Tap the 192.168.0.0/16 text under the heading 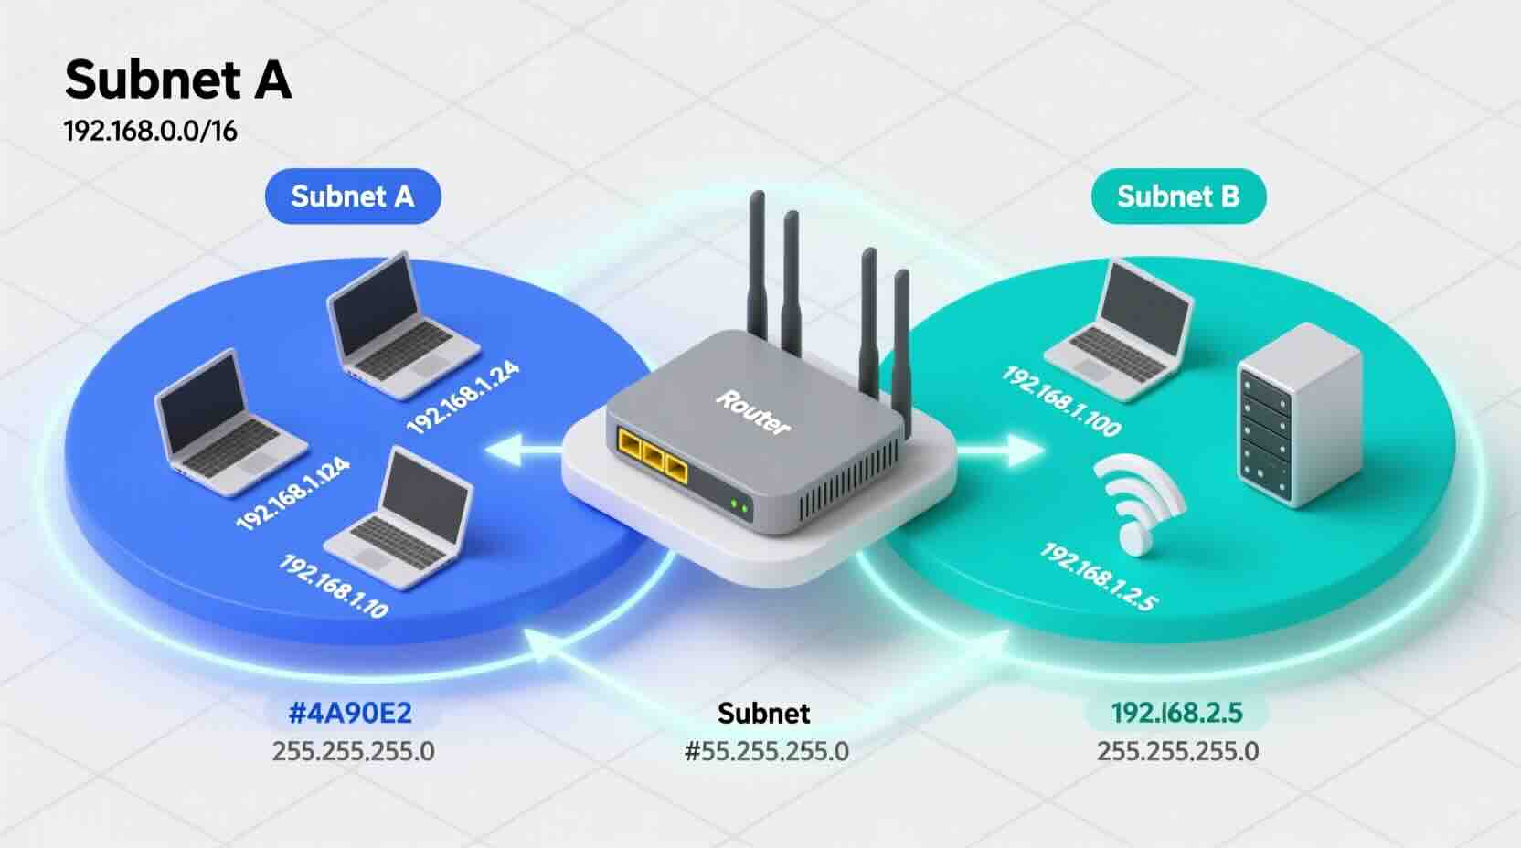[x=150, y=131]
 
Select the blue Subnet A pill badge [x=352, y=196]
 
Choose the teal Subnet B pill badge [x=1177, y=196]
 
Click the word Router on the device [x=753, y=412]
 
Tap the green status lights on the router [x=739, y=505]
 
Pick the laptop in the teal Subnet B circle [x=1123, y=329]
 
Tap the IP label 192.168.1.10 [x=333, y=586]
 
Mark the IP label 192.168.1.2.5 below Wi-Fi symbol [x=1098, y=577]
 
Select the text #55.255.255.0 [x=766, y=752]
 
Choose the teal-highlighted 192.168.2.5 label [x=1176, y=713]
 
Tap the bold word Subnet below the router [x=763, y=713]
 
